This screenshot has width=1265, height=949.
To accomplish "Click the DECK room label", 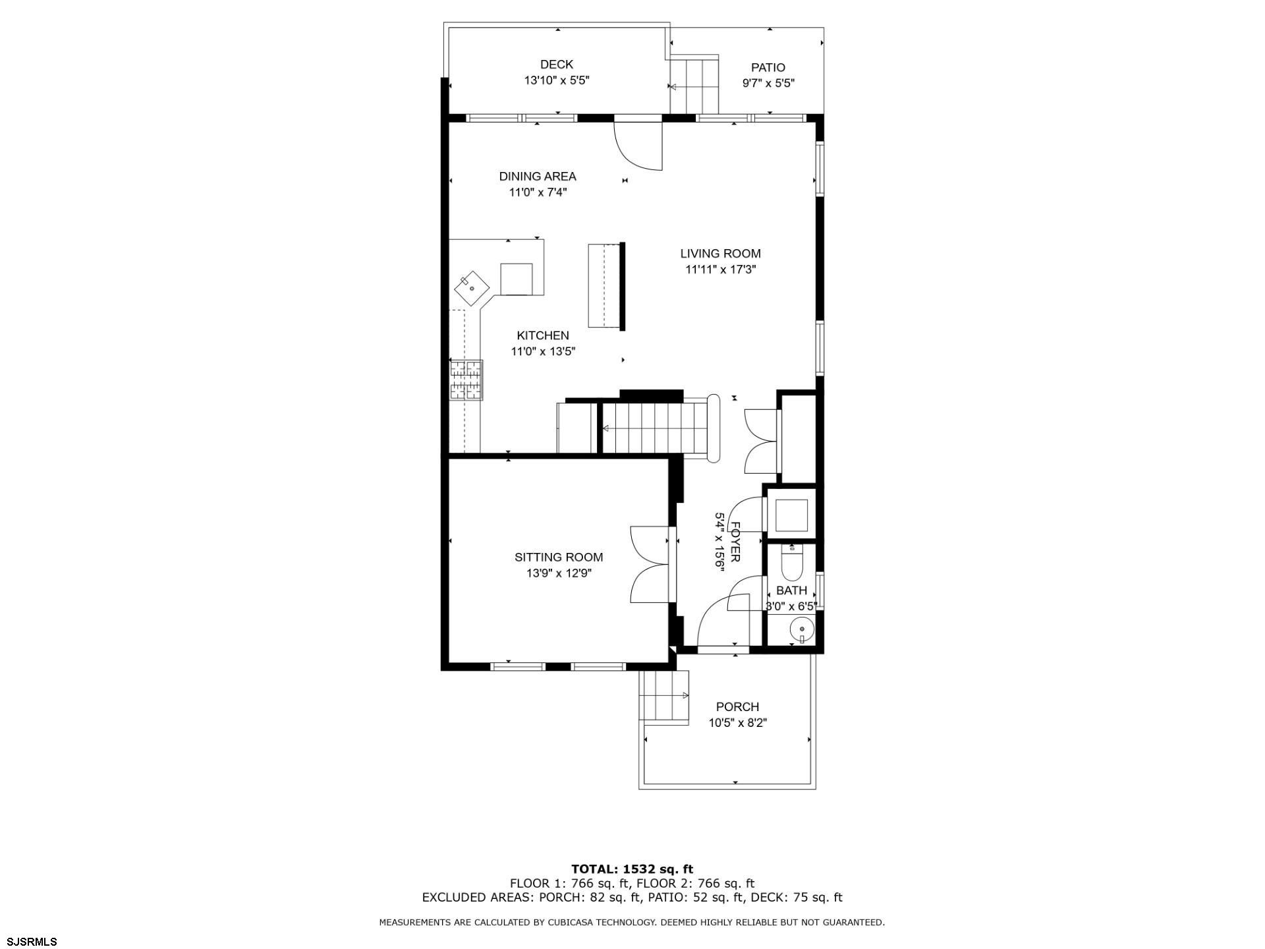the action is click(556, 64).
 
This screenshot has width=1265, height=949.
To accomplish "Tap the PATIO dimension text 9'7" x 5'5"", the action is click(768, 83).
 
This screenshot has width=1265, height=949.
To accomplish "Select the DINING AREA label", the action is click(538, 176).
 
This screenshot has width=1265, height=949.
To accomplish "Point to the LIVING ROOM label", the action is click(720, 253).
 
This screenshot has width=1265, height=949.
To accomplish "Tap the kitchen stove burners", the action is click(466, 380).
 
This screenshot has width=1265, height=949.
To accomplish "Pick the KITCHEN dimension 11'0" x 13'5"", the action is click(543, 351).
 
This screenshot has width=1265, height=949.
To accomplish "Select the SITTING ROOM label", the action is click(559, 557).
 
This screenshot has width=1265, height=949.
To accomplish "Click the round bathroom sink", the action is click(801, 629).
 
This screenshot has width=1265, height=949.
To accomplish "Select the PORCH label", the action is click(737, 706).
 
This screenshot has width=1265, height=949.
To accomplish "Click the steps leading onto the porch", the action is click(663, 697).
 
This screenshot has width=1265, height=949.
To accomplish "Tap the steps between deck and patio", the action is click(694, 86).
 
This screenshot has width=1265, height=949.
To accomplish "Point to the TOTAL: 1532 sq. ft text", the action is click(632, 869).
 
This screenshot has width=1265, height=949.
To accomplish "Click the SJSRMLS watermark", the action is click(32, 941).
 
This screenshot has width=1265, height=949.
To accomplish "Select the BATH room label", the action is click(791, 590).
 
